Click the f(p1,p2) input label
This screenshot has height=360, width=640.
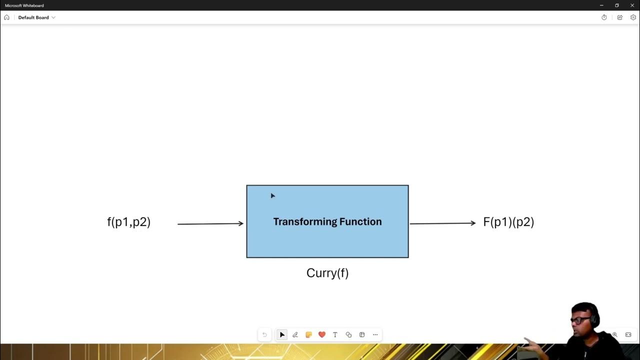[x=128, y=222]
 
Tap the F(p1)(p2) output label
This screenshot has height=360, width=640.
[x=508, y=222]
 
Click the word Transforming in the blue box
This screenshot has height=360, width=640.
[x=304, y=221]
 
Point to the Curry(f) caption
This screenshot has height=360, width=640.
[x=327, y=273]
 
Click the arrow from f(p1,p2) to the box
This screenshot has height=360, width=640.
[x=210, y=223]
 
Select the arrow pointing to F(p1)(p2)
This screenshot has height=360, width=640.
[x=442, y=223]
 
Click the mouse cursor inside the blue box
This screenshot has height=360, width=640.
[x=272, y=195]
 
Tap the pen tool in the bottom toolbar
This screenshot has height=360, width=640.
[x=295, y=335]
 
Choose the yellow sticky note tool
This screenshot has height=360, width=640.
[x=308, y=335]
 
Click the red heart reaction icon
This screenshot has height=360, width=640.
[x=322, y=334]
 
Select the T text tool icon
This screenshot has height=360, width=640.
[x=335, y=335]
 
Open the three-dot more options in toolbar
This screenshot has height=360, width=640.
[x=375, y=335]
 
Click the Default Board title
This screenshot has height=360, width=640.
[x=33, y=17]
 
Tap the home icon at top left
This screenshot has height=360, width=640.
[x=6, y=17]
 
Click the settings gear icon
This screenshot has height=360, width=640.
[x=633, y=17]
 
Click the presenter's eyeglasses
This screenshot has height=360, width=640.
[x=580, y=319]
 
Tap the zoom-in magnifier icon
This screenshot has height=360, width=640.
[x=615, y=335]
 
